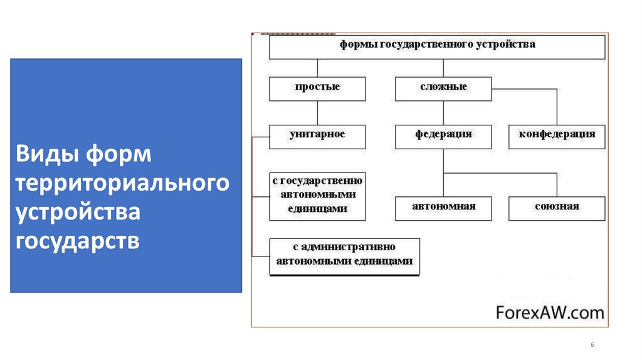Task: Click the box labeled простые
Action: click(317, 88)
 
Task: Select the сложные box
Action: click(443, 88)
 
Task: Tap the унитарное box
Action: click(317, 135)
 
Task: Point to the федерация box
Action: click(443, 135)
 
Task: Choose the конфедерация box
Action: click(557, 135)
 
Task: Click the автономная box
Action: click(443, 208)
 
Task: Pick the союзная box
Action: click(557, 208)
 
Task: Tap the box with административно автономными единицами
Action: click(344, 257)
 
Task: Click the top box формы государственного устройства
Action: click(437, 46)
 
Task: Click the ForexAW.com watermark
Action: click(549, 312)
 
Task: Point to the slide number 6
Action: click(592, 346)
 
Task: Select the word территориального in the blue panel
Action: click(122, 183)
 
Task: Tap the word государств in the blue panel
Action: click(78, 241)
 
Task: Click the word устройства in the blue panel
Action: click(78, 212)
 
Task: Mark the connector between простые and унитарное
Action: click(317, 113)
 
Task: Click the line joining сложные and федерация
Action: click(443, 113)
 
